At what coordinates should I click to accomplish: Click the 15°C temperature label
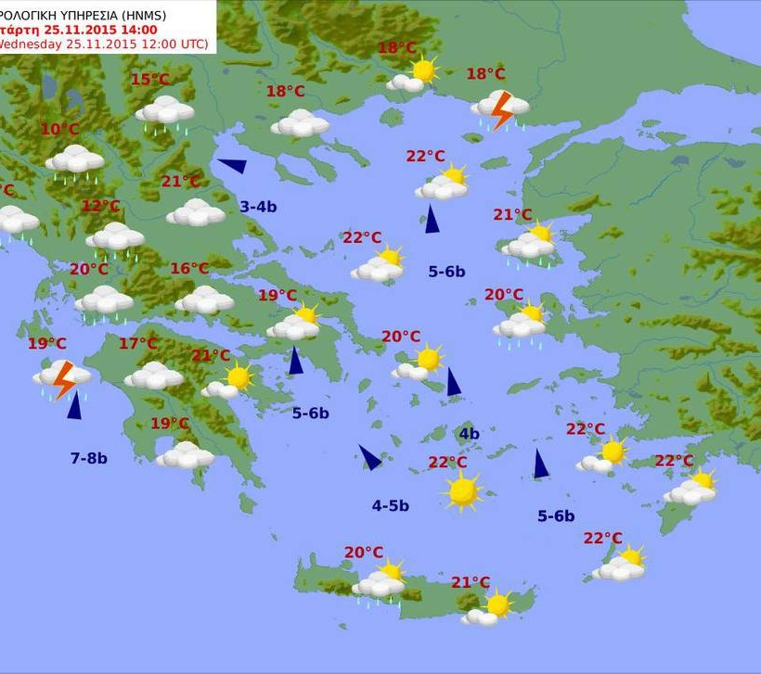point(149,80)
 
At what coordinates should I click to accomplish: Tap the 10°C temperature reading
point(59,130)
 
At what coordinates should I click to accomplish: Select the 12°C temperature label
point(100,206)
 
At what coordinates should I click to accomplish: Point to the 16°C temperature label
point(189,269)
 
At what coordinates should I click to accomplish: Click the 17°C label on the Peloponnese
point(137,344)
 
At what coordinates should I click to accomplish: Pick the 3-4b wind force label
point(258,207)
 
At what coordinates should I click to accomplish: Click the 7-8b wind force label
point(89,458)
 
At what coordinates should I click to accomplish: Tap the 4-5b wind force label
point(391,505)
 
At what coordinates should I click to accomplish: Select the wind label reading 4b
point(469,434)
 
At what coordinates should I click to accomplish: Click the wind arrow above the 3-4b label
point(232,166)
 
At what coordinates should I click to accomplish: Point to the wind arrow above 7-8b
point(73,405)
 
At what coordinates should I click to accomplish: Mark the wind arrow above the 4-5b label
point(369,456)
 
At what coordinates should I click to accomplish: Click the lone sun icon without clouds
point(462,490)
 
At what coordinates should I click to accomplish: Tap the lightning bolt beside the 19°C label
point(63,378)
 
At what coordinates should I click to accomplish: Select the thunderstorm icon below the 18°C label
point(500,109)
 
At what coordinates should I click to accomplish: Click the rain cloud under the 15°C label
point(164,113)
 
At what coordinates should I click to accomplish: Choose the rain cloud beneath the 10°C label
point(75,161)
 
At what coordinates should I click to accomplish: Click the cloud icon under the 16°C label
point(204,299)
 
